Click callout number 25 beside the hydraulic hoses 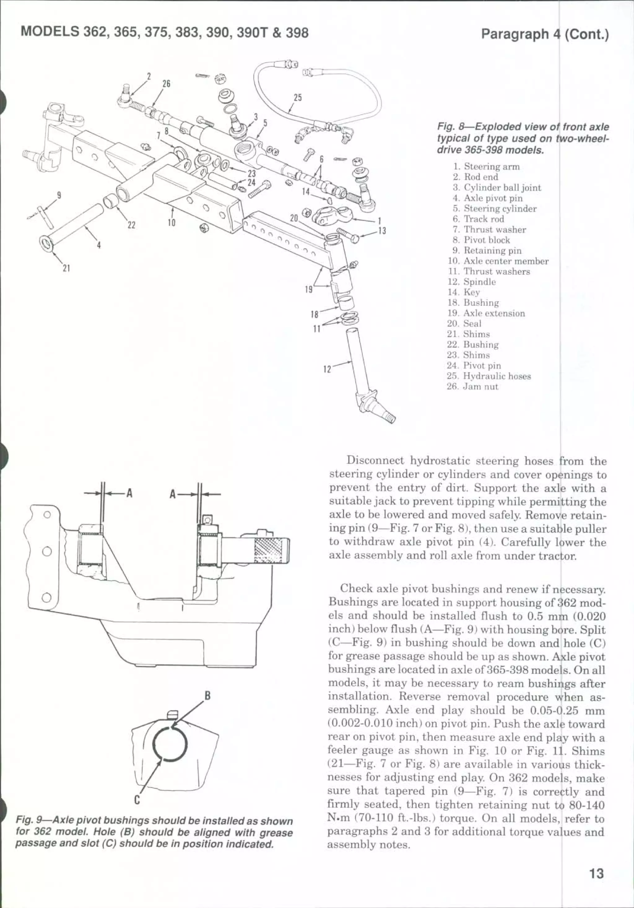click(x=297, y=97)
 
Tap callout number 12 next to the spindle click(x=327, y=369)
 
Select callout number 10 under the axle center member click(x=171, y=223)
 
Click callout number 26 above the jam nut click(x=167, y=84)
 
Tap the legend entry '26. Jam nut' click(x=473, y=386)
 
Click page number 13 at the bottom click(x=597, y=873)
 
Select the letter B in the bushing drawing click(x=207, y=696)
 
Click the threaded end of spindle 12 click(x=389, y=417)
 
